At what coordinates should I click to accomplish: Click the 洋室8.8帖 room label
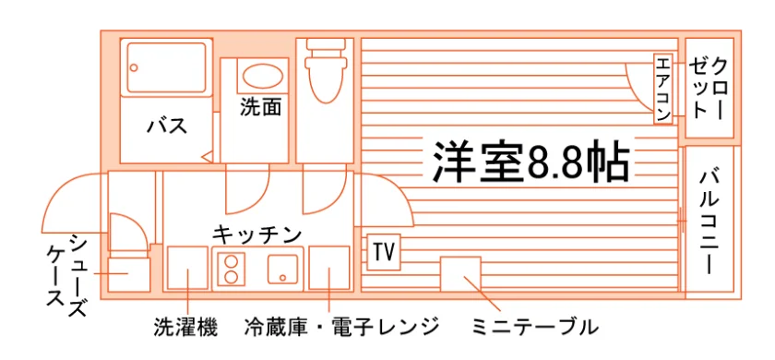[x=531, y=162]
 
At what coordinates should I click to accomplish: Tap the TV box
[x=384, y=252]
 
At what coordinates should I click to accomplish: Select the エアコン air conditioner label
[x=662, y=89]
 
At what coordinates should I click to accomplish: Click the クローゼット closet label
[x=709, y=89]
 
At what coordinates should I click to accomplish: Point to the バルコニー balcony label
[x=709, y=221]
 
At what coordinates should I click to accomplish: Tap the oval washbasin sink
[x=262, y=76]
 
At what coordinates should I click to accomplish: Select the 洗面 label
[x=261, y=107]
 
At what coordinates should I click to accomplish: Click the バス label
[x=167, y=126]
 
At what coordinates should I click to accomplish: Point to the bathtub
[x=166, y=67]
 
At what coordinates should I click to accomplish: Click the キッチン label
[x=257, y=234]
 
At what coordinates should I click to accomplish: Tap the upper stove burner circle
[x=232, y=260]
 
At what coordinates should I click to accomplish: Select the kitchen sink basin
[x=282, y=269]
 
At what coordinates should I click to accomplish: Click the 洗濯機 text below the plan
[x=185, y=327]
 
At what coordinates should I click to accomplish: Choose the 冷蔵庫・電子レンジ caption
[x=342, y=327]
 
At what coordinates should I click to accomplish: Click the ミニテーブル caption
[x=535, y=327]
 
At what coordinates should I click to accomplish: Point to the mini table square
[x=460, y=273]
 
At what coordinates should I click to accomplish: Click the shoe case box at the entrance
[x=128, y=274]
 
